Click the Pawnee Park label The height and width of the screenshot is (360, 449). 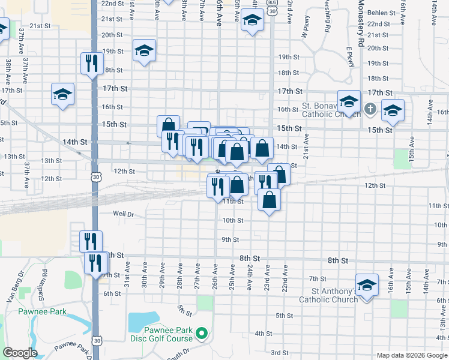(42, 311)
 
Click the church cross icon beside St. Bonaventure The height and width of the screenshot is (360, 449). (370, 109)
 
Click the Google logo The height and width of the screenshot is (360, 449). (19, 353)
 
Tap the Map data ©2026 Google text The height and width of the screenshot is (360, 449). (412, 355)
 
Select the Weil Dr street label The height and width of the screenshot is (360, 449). (123, 213)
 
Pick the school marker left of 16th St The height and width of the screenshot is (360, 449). (62, 95)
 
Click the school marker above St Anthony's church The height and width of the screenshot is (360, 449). (366, 285)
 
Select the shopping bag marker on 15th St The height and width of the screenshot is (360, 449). (168, 126)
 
